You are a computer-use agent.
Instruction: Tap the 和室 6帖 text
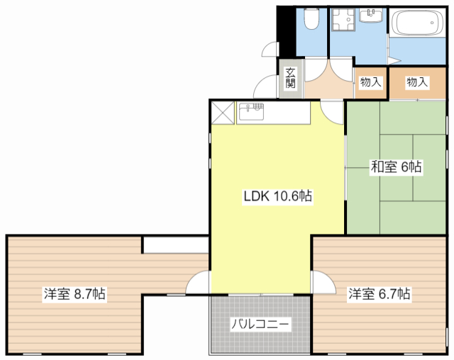pos(396,167)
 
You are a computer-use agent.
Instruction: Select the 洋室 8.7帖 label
pos(74,293)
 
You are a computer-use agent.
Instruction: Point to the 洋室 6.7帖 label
pos(379,293)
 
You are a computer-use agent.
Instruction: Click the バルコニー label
pos(260,324)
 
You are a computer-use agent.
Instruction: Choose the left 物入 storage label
pos(370,82)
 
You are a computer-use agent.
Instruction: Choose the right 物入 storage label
pos(417,82)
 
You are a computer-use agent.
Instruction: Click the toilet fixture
pos(311,18)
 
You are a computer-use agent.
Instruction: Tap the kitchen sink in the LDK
pos(251,111)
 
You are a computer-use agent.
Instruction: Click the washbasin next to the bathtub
pos(371,16)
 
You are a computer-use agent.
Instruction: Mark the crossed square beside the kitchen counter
pos(223,111)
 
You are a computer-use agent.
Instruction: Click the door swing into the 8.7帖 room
pos(196,283)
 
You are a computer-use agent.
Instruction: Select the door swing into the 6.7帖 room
pos(323,282)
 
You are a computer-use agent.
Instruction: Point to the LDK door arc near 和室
pos(331,111)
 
